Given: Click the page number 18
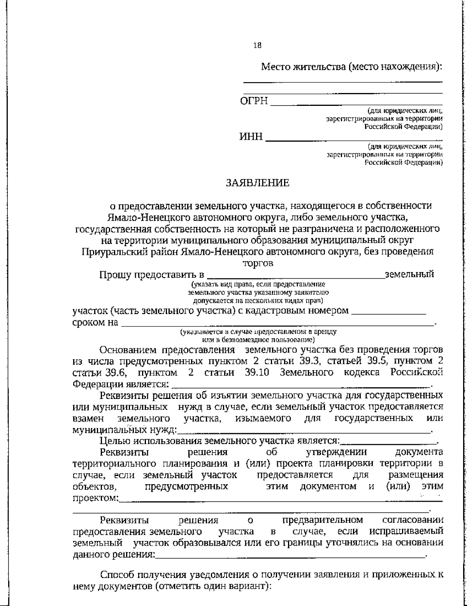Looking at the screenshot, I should click(257, 45).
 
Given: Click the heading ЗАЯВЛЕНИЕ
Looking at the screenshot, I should click(258, 183).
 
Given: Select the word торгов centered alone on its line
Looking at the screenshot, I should click(258, 263).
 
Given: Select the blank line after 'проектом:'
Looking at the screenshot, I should click(280, 500).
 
